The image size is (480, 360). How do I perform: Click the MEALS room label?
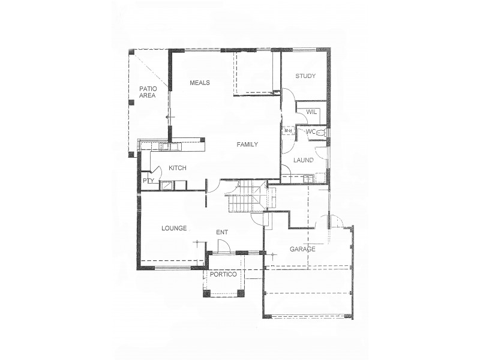coord(199,83)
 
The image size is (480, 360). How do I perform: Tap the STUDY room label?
coord(305,76)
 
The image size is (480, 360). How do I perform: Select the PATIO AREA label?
coord(148,92)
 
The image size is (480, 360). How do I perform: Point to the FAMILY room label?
coord(247,144)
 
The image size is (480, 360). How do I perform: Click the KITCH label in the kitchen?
coord(178,169)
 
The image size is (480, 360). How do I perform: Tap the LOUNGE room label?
coord(175,229)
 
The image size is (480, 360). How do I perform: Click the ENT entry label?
coord(222,233)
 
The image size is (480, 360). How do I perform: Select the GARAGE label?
coord(302,249)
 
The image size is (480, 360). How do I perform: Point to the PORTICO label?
coord(223,274)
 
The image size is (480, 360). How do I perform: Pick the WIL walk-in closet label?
coord(311,112)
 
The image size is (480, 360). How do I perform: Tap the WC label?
coord(310,131)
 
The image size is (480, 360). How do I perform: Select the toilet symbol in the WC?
coord(321,132)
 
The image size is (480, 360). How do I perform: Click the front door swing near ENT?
coord(223,246)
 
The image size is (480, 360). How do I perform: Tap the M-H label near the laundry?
coord(287,131)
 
